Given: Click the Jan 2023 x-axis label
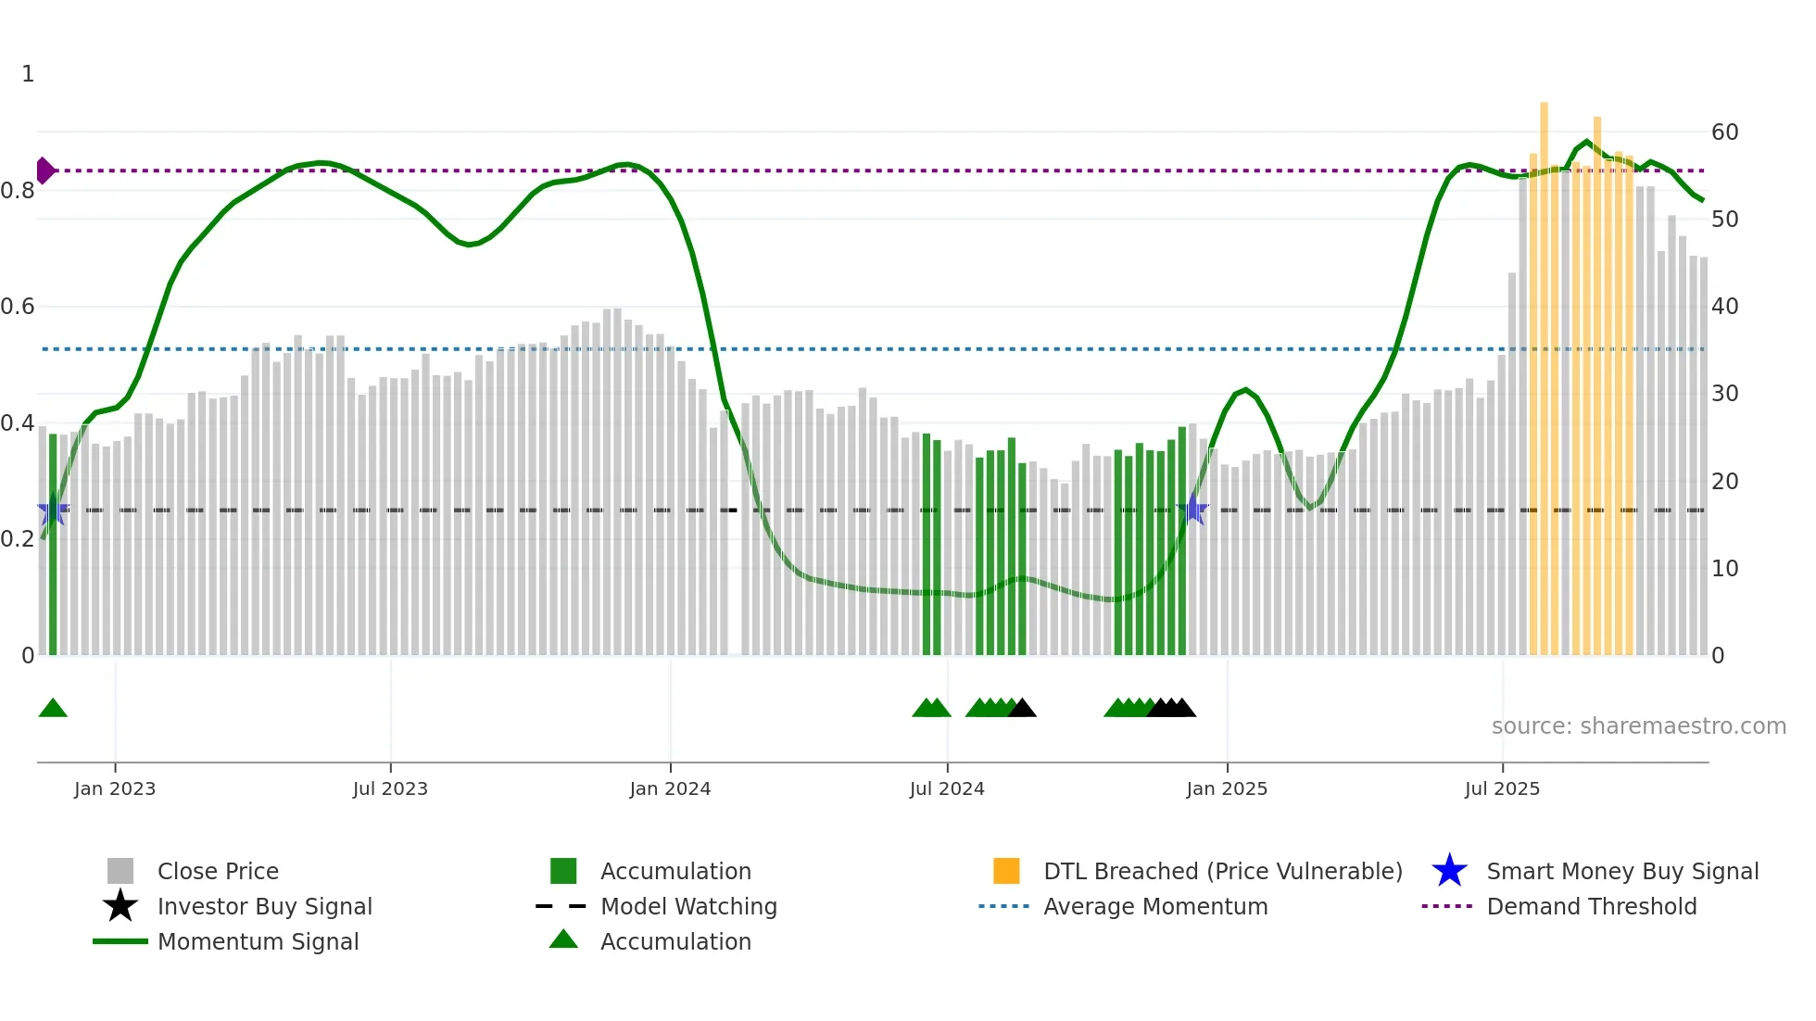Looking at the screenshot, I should coord(115,788).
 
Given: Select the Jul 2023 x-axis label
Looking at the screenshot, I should coord(390,788).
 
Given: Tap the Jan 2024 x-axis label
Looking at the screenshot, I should coord(670,788).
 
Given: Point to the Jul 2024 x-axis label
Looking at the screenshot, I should coord(947,788).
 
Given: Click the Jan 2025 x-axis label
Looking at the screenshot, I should coord(1227,788).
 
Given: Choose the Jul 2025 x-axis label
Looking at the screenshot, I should coord(1502,788).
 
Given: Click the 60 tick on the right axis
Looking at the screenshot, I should coord(1724,132).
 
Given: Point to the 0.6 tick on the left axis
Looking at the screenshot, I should coord(18,307).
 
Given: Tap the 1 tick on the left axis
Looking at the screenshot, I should coord(28,74).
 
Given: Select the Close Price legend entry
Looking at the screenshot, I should coord(218,871).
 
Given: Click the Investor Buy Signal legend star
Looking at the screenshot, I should coord(120,906).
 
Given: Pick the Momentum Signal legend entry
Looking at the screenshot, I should coord(258,941).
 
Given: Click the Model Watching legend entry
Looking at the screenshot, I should coord(688,906).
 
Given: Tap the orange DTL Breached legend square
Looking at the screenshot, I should coord(1006,871).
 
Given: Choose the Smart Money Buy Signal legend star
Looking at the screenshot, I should coord(1449,871).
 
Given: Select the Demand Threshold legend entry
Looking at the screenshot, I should coord(1591,906).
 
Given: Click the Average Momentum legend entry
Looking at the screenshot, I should coord(1155,906).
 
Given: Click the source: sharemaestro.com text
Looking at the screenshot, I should coord(1638,726).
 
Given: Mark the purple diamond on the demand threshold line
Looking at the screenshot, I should coord(44,170).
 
